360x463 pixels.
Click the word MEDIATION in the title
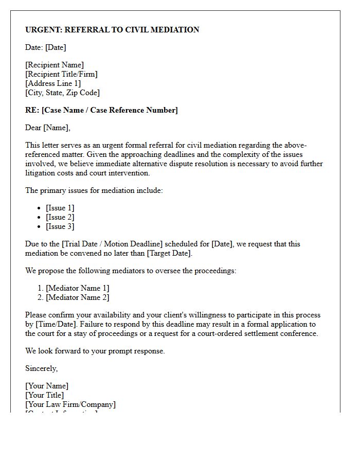(x=174, y=30)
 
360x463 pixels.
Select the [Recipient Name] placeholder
(x=55, y=65)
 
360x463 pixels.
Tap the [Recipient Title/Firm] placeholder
(x=61, y=74)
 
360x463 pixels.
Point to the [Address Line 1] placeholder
(x=53, y=83)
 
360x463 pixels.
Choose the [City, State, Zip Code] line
(x=62, y=93)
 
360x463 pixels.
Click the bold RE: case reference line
(x=101, y=110)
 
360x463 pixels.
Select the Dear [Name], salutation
(x=48, y=128)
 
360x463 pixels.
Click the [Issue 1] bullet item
(x=60, y=208)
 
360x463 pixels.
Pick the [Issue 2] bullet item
(x=60, y=217)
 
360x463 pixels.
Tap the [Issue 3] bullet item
(x=60, y=226)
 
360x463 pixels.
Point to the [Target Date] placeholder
(x=169, y=253)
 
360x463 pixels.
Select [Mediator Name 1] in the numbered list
(x=78, y=288)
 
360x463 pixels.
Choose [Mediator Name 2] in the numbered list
(x=78, y=297)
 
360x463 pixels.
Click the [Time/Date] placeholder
(x=54, y=324)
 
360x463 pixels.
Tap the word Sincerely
(x=41, y=368)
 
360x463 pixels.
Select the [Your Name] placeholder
(x=47, y=386)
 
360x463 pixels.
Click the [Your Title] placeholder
(x=45, y=395)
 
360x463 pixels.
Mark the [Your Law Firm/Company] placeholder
(x=70, y=404)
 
